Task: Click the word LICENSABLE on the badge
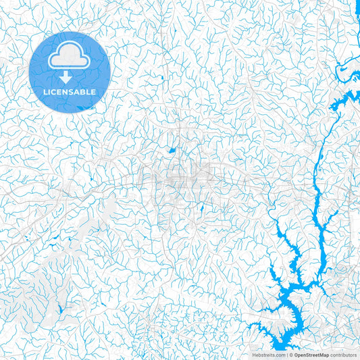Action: [70, 92]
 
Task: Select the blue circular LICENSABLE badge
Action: [70, 72]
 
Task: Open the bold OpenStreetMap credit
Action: [311, 354]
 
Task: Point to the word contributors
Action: [343, 354]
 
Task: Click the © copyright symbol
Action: [290, 354]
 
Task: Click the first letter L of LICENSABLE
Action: [45, 92]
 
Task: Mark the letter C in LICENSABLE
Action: [55, 92]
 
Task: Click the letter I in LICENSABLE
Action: [51, 92]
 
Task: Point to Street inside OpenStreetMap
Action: [313, 354]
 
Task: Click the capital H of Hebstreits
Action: [253, 354]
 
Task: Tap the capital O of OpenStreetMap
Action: [295, 354]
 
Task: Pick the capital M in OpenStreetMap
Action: [322, 354]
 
